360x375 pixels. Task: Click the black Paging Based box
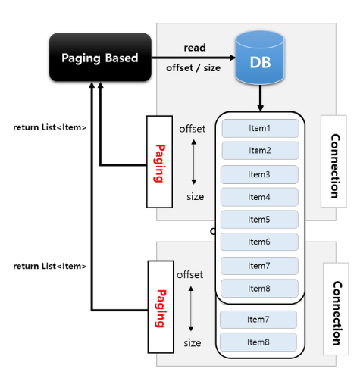pyautogui.click(x=99, y=58)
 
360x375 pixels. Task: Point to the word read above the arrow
pyautogui.click(x=195, y=48)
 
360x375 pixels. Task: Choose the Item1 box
pyautogui.click(x=259, y=128)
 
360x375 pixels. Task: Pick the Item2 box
pyautogui.click(x=259, y=150)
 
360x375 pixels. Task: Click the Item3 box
pyautogui.click(x=259, y=174)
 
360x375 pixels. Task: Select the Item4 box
pyautogui.click(x=259, y=197)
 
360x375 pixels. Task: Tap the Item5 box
pyautogui.click(x=259, y=220)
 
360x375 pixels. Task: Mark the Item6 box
pyautogui.click(x=259, y=242)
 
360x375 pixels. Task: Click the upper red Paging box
pyautogui.click(x=160, y=162)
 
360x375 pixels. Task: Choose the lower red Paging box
pyautogui.click(x=161, y=307)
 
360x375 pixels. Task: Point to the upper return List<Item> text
pyautogui.click(x=50, y=127)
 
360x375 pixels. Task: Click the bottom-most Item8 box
pyautogui.click(x=258, y=342)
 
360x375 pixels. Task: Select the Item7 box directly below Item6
pyautogui.click(x=259, y=266)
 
